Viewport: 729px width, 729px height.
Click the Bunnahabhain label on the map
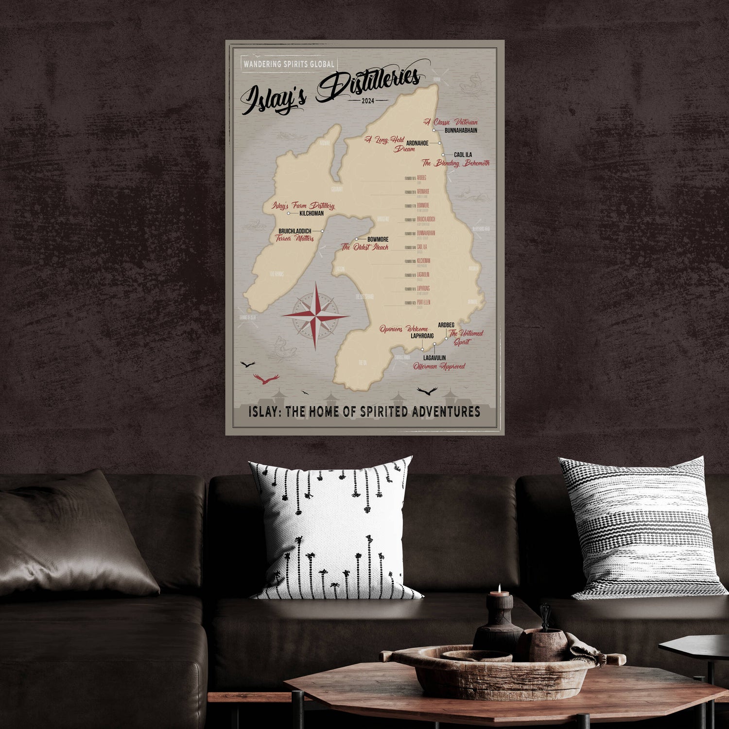tap(461, 131)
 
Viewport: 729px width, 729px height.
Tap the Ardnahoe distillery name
tap(417, 143)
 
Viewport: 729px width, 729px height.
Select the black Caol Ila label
tap(463, 155)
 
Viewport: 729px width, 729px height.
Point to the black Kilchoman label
tap(312, 213)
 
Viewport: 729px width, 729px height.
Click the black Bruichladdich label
tap(295, 231)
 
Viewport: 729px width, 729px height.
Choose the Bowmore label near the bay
tap(378, 240)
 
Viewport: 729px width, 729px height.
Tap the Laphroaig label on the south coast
tap(422, 336)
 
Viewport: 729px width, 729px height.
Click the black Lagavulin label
tap(434, 358)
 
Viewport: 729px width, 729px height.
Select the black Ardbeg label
tap(446, 325)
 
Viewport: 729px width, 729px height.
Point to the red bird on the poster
tap(266, 379)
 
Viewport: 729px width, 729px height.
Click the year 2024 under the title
tap(368, 101)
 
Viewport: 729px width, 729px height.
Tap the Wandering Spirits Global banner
tap(289, 64)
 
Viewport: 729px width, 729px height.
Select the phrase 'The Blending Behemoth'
tap(455, 163)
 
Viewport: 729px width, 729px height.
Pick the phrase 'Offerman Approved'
tap(439, 366)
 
